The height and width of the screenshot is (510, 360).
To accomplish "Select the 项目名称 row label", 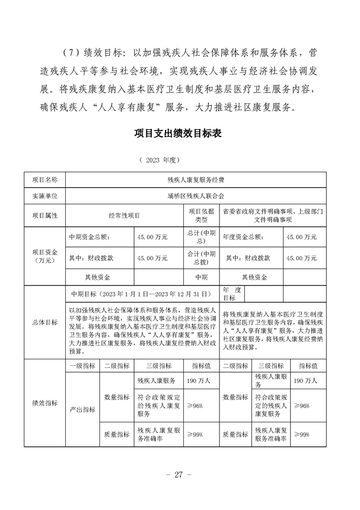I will click(45, 180).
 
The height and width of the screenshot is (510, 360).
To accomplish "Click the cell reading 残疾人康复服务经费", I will click(195, 180).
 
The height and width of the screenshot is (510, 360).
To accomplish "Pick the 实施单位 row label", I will click(45, 196).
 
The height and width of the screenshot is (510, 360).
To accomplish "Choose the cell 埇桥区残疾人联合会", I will click(195, 196).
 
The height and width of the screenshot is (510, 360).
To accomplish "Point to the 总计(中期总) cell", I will click(201, 236).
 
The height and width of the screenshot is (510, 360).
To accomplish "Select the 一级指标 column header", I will click(82, 366).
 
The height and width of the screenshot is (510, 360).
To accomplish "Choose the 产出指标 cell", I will click(82, 409).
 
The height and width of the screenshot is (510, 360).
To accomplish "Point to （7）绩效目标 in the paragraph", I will click(92, 53).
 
